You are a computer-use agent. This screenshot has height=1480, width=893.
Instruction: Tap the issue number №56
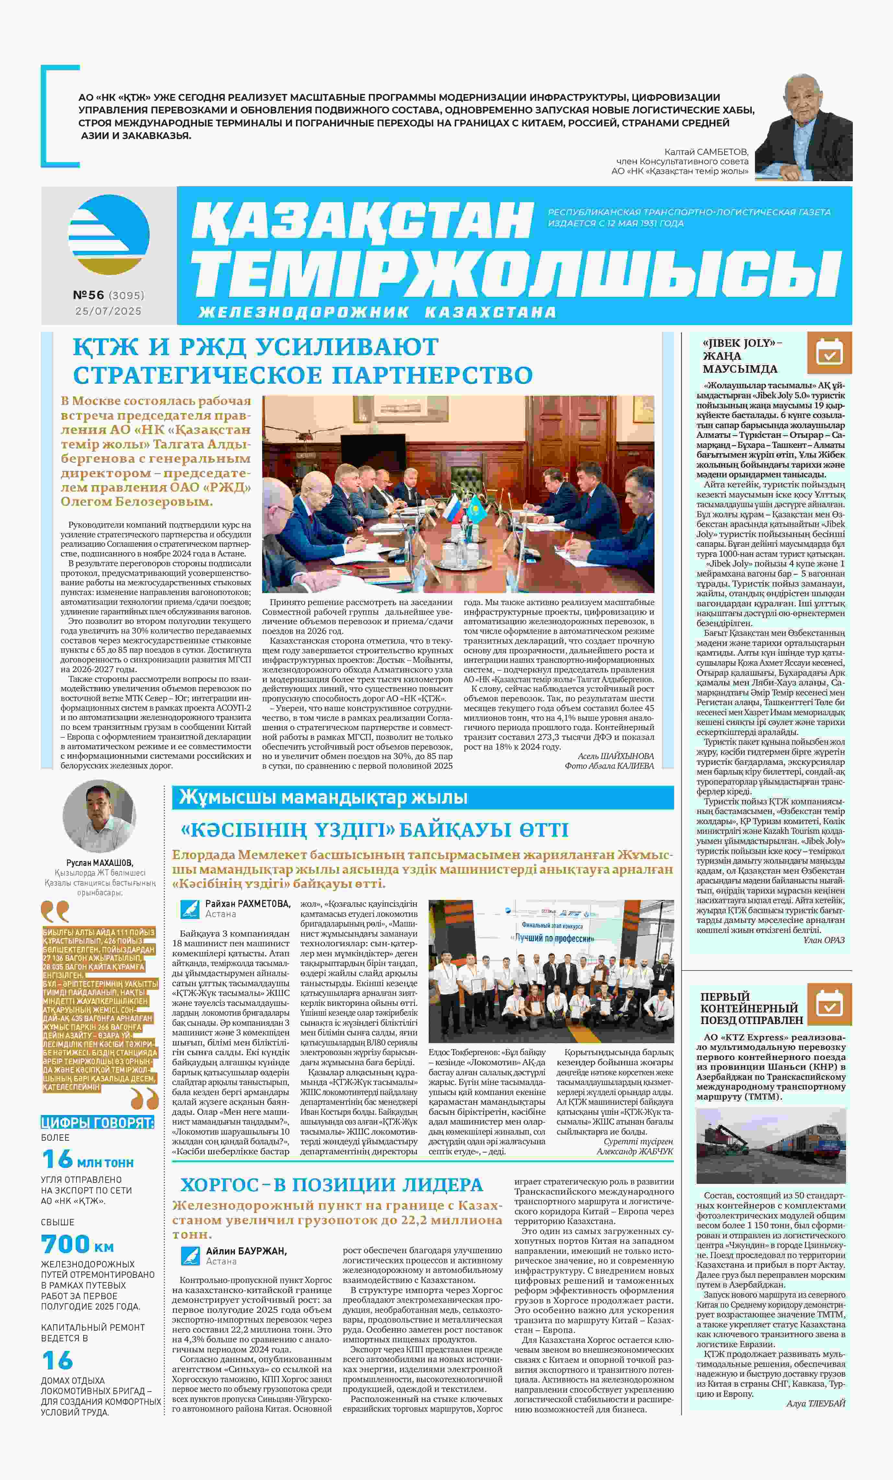(88, 295)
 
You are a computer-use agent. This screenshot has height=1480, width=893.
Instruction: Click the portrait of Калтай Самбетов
(804, 128)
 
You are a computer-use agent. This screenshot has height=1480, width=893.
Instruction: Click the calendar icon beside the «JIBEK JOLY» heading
(829, 353)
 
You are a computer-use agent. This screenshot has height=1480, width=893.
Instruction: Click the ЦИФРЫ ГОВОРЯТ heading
(97, 1122)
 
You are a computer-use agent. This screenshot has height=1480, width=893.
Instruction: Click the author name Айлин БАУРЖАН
(246, 1251)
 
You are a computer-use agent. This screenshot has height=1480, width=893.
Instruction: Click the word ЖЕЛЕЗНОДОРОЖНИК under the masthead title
(304, 312)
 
